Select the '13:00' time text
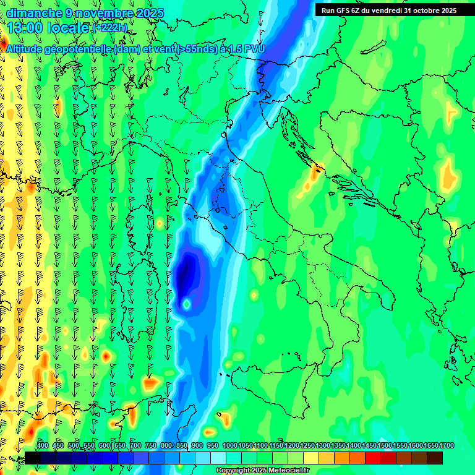pos(26,28)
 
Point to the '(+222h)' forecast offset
pos(110,28)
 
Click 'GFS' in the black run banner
pos(343,11)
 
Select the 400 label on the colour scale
pos(43,446)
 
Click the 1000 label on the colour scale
pos(229,446)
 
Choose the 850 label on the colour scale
pos(182,446)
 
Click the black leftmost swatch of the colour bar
pos(32,458)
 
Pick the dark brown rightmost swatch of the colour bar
pos(435,458)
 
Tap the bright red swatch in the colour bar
pos(373,458)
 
